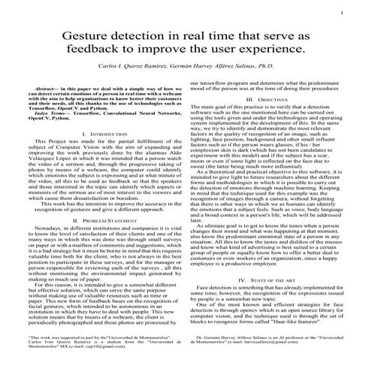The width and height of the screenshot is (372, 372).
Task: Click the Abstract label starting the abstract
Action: click(x=47, y=89)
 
